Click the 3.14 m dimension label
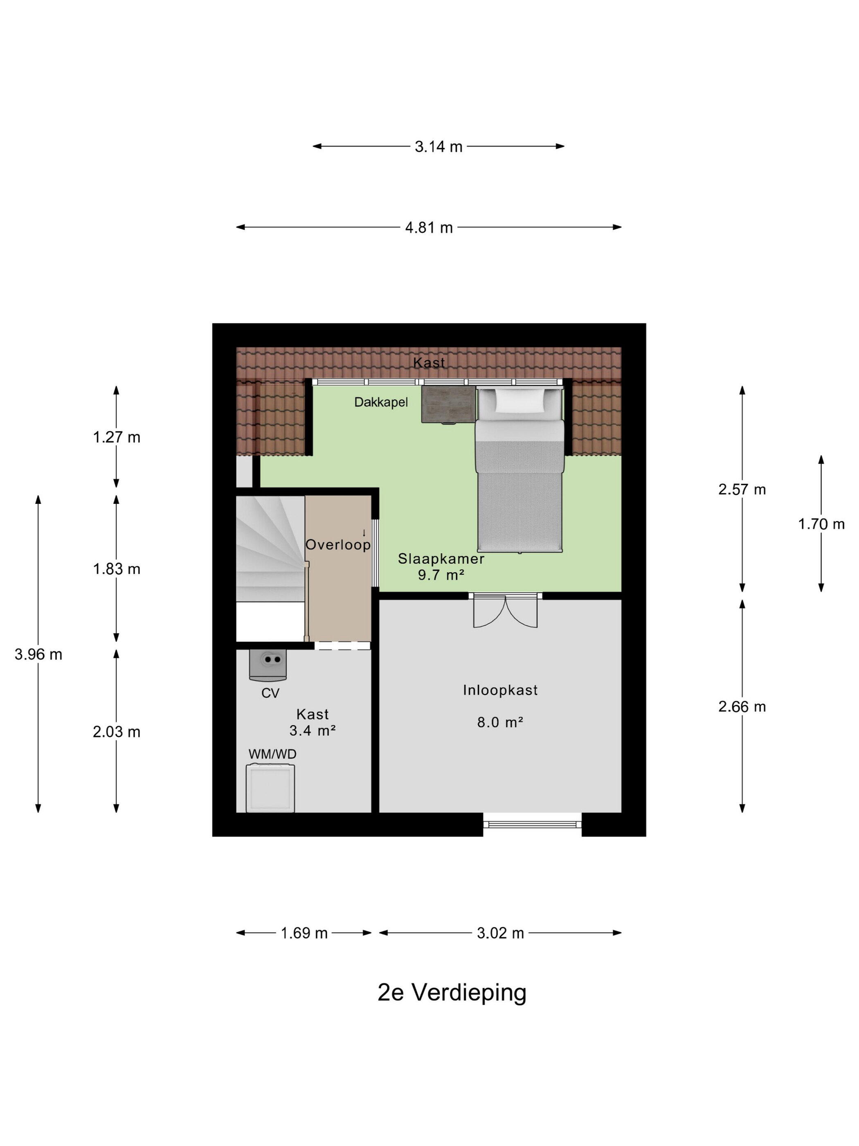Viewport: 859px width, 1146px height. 438,147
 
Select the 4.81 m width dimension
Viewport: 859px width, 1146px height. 429,228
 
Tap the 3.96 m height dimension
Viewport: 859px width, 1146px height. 38,654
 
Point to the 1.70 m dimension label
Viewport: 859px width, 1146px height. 821,524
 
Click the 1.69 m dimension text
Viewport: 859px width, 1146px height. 304,933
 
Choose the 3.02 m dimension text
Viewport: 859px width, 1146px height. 500,933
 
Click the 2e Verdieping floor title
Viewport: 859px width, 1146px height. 452,993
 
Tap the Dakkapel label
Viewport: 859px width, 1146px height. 381,402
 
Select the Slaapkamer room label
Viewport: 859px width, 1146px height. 441,559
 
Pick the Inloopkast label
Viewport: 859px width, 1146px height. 500,690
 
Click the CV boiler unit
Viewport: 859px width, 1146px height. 268,665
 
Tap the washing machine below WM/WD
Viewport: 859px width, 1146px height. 270,789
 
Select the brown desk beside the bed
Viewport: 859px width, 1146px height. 448,404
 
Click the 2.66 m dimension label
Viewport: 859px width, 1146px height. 742,707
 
